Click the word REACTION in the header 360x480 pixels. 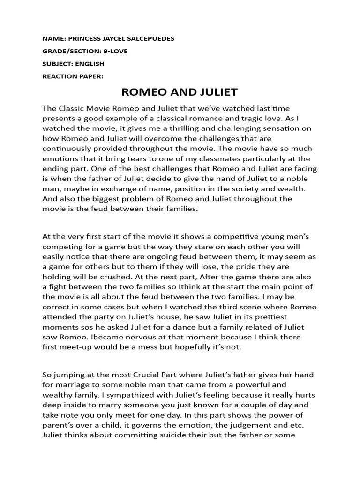60,76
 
